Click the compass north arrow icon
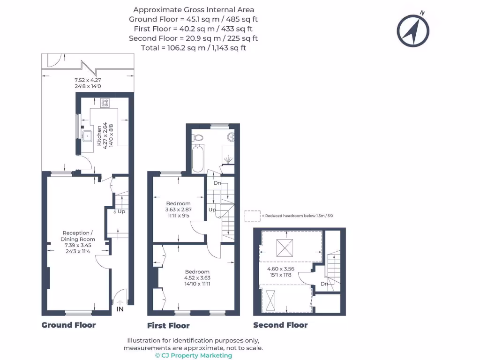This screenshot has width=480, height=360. click(x=413, y=31)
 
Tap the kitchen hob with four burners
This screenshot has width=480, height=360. click(x=105, y=102)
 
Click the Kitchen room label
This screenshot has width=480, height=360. click(x=99, y=136)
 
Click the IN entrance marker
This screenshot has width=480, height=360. click(x=120, y=309)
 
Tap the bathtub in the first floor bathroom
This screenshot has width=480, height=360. click(x=198, y=159)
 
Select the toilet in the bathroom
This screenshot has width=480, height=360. click(x=197, y=137)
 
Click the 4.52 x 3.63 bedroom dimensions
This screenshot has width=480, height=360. click(x=197, y=277)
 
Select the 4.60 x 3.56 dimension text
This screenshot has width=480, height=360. click(x=280, y=269)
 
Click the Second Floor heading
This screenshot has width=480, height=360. click(x=280, y=325)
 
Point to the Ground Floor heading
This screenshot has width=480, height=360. click(x=68, y=325)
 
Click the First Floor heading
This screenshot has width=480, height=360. click(x=168, y=325)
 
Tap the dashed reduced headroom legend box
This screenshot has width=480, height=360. click(x=252, y=216)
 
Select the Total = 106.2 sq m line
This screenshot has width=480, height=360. click(x=193, y=47)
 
